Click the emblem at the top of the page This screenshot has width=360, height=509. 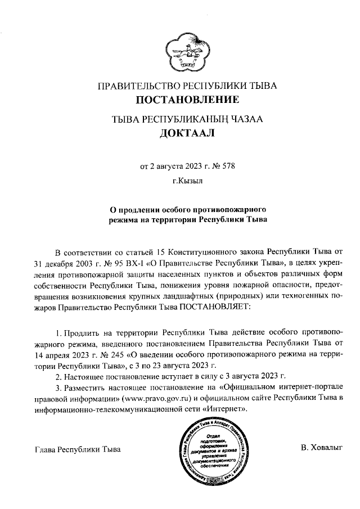[x=185, y=51]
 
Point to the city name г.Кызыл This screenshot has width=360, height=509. [x=187, y=182]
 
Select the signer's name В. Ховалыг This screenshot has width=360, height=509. [x=321, y=448]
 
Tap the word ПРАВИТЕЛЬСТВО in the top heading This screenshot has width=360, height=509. [x=137, y=87]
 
